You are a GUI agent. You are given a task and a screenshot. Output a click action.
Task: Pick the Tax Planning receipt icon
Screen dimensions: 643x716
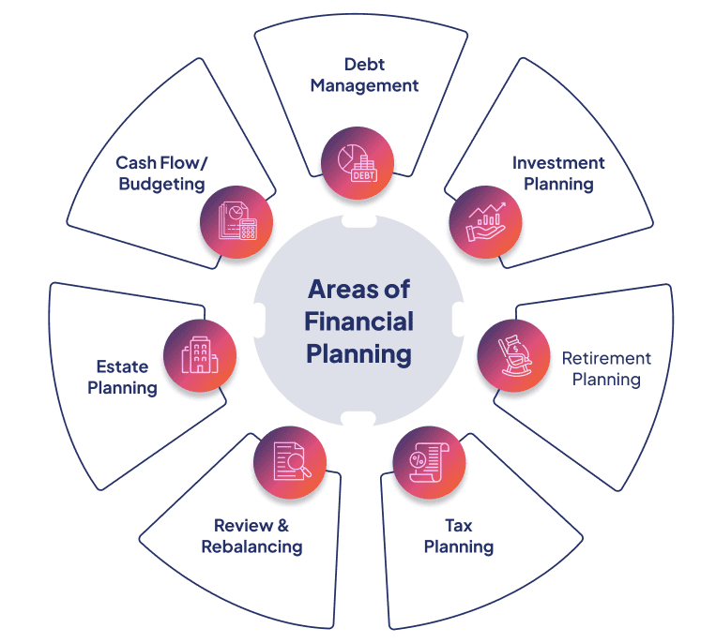tap(429, 461)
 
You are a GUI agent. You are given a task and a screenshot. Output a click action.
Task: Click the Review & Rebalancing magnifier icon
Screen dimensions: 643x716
tap(290, 460)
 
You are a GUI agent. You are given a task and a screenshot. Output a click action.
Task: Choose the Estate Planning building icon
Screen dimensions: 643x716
tap(200, 355)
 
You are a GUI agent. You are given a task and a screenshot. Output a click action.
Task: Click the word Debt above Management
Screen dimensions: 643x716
tap(364, 65)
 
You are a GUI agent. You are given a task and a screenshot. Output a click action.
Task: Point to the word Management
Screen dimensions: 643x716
tap(364, 85)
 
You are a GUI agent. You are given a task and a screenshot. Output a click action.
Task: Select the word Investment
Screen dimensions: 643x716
tap(558, 163)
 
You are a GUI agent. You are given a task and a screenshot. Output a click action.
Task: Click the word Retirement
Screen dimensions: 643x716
tap(606, 359)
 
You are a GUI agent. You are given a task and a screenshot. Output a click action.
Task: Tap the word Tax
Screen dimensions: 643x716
tap(458, 526)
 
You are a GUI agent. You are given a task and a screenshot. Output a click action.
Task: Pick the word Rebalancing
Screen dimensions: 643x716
tap(251, 546)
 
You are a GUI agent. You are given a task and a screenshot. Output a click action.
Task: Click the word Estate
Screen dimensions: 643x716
tap(122, 366)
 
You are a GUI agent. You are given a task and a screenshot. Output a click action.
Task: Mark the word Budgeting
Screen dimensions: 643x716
tap(161, 184)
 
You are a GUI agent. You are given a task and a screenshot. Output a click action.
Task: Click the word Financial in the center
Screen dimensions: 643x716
tap(358, 321)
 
